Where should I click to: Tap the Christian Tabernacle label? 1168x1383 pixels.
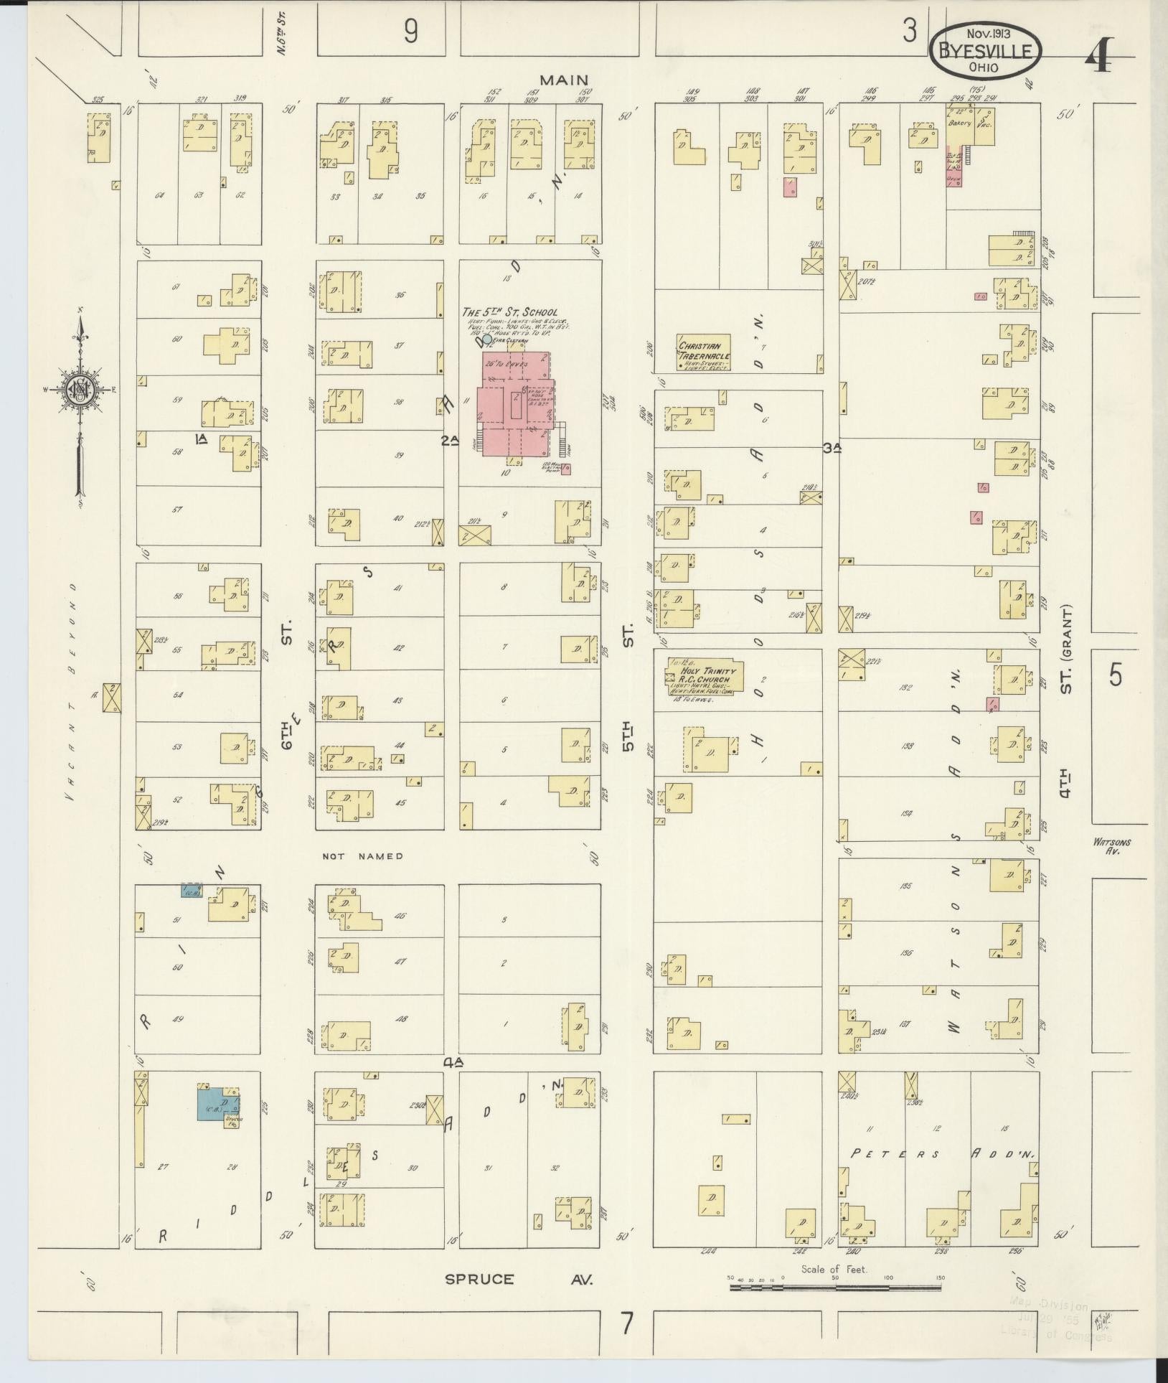(705, 351)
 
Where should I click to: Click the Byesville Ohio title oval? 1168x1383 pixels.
(986, 50)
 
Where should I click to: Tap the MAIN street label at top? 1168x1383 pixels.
(564, 80)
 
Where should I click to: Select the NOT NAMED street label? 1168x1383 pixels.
(363, 856)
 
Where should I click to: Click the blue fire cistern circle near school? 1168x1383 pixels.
(487, 339)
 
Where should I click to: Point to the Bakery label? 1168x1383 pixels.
(959, 123)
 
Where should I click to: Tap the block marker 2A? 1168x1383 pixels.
(449, 441)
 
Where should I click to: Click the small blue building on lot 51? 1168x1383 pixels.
(191, 891)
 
